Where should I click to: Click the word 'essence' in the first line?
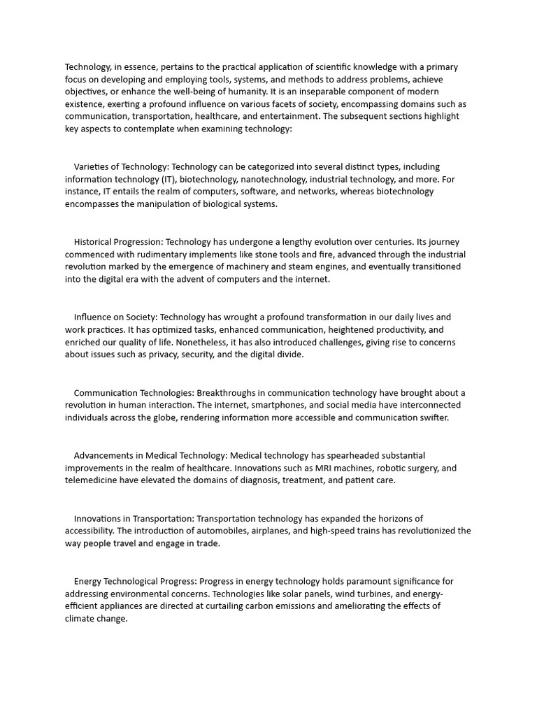coord(141,67)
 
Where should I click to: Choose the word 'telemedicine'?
coord(92,480)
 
